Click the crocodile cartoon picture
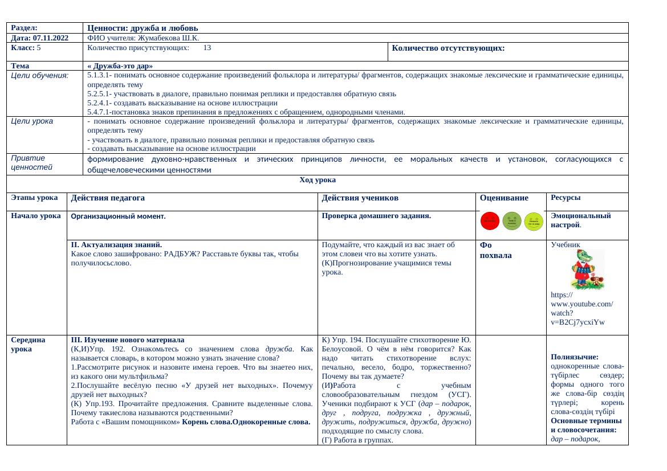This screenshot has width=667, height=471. click(x=587, y=269)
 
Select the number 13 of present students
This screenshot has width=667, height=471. click(x=208, y=48)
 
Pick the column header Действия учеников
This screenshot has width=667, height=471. click(x=360, y=198)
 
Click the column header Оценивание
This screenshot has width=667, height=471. click(x=504, y=198)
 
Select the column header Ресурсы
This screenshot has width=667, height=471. click(x=566, y=198)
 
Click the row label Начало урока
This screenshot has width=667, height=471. click(x=35, y=216)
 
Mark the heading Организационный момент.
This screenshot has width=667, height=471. click(x=117, y=216)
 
